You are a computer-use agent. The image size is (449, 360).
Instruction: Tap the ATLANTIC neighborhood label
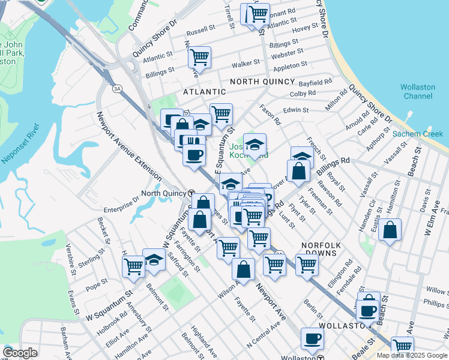[x=205, y=92]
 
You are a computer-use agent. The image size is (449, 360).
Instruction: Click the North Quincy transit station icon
[x=191, y=193]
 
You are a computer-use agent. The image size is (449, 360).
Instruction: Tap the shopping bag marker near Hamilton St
[x=390, y=230]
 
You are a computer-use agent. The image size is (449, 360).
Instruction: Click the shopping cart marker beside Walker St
[x=199, y=58]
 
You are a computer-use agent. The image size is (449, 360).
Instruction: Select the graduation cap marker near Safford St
[x=154, y=261]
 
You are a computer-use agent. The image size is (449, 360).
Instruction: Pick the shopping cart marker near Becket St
[x=133, y=266]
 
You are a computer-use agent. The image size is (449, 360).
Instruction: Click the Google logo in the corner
[x=20, y=353]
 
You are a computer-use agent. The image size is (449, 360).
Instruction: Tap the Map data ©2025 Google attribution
[x=412, y=355]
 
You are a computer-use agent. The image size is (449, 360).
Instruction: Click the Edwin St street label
[x=296, y=110]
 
